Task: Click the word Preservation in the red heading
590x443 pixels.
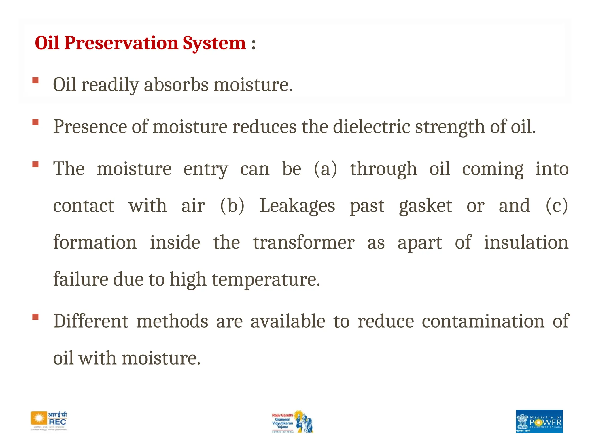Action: (x=121, y=43)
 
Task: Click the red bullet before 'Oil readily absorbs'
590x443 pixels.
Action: (x=35, y=80)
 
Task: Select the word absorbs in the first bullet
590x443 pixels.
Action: (x=176, y=85)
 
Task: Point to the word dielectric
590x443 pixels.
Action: (x=371, y=127)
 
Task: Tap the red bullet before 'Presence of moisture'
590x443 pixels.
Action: (x=35, y=122)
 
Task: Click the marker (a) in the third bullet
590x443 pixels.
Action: (x=325, y=169)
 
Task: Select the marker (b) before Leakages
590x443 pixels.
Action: (x=232, y=206)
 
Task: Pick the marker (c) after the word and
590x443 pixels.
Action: (x=557, y=206)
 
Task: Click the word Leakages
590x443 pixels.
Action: (x=297, y=206)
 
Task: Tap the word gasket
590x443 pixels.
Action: (x=425, y=206)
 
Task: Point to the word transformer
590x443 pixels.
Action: (x=304, y=243)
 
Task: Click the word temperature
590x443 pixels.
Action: (x=266, y=279)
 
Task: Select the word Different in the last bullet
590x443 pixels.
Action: (x=91, y=321)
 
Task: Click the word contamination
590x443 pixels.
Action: (x=483, y=321)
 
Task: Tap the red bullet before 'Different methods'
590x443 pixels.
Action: (x=35, y=317)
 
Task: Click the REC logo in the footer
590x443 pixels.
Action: (x=49, y=421)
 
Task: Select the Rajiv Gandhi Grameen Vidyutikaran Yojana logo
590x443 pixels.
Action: (x=292, y=421)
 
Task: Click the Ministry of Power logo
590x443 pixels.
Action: (x=539, y=421)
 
